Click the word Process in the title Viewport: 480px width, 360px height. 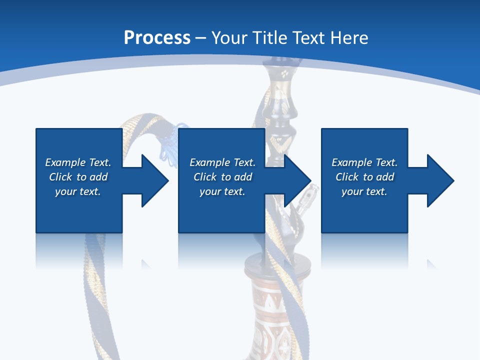point(157,38)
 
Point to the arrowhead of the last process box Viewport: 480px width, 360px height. point(439,180)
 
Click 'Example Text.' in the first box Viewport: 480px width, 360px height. point(78,162)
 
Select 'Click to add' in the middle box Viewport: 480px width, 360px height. point(222,177)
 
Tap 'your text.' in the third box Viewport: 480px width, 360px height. point(364,191)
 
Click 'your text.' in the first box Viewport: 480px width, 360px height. point(78,191)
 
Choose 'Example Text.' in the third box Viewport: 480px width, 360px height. point(364,162)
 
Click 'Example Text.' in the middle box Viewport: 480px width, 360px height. point(222,162)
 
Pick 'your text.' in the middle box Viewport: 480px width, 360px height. point(222,191)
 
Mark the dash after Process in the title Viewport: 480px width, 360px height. point(201,38)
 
